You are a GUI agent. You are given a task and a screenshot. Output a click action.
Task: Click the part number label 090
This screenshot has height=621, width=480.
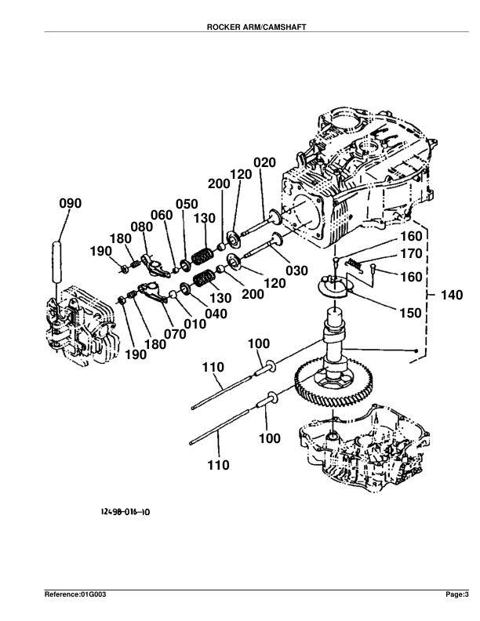70,204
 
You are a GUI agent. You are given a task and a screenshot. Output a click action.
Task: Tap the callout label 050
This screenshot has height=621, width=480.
186,204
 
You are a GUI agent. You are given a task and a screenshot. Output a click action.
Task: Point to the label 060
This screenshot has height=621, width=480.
162,216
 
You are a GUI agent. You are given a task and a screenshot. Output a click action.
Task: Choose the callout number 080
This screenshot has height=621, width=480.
142,227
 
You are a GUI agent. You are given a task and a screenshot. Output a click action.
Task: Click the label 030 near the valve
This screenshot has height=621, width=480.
296,271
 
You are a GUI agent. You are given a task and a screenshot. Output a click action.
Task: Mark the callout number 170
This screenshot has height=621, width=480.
411,254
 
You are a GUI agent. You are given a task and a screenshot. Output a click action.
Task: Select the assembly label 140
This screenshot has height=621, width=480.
449,296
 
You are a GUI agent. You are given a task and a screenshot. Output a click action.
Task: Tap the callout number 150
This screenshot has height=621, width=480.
410,313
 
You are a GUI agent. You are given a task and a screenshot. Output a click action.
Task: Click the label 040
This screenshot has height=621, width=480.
216,314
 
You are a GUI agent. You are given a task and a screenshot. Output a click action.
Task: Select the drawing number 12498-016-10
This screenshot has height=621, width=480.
125,511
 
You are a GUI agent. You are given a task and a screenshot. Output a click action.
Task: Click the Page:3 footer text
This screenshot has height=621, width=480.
456,595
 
